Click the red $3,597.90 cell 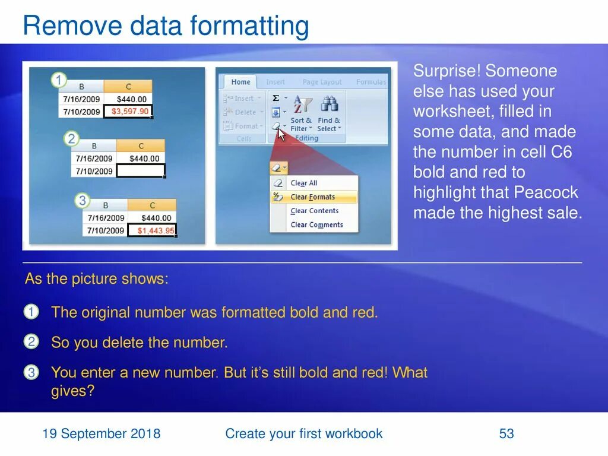[129, 112]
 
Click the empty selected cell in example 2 [141, 171]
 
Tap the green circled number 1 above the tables [59, 80]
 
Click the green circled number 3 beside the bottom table [83, 200]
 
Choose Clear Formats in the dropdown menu [312, 197]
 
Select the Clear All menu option [303, 183]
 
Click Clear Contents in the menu [314, 211]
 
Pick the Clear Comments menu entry [316, 225]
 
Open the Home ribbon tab [240, 82]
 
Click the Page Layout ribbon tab [322, 82]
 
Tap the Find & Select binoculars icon [329, 105]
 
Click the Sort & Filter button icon [302, 105]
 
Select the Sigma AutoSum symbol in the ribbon [275, 98]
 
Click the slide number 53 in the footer [506, 434]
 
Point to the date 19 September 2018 [101, 434]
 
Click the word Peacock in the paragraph [546, 192]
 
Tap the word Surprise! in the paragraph [446, 71]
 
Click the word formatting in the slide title [249, 27]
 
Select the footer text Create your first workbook [303, 434]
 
